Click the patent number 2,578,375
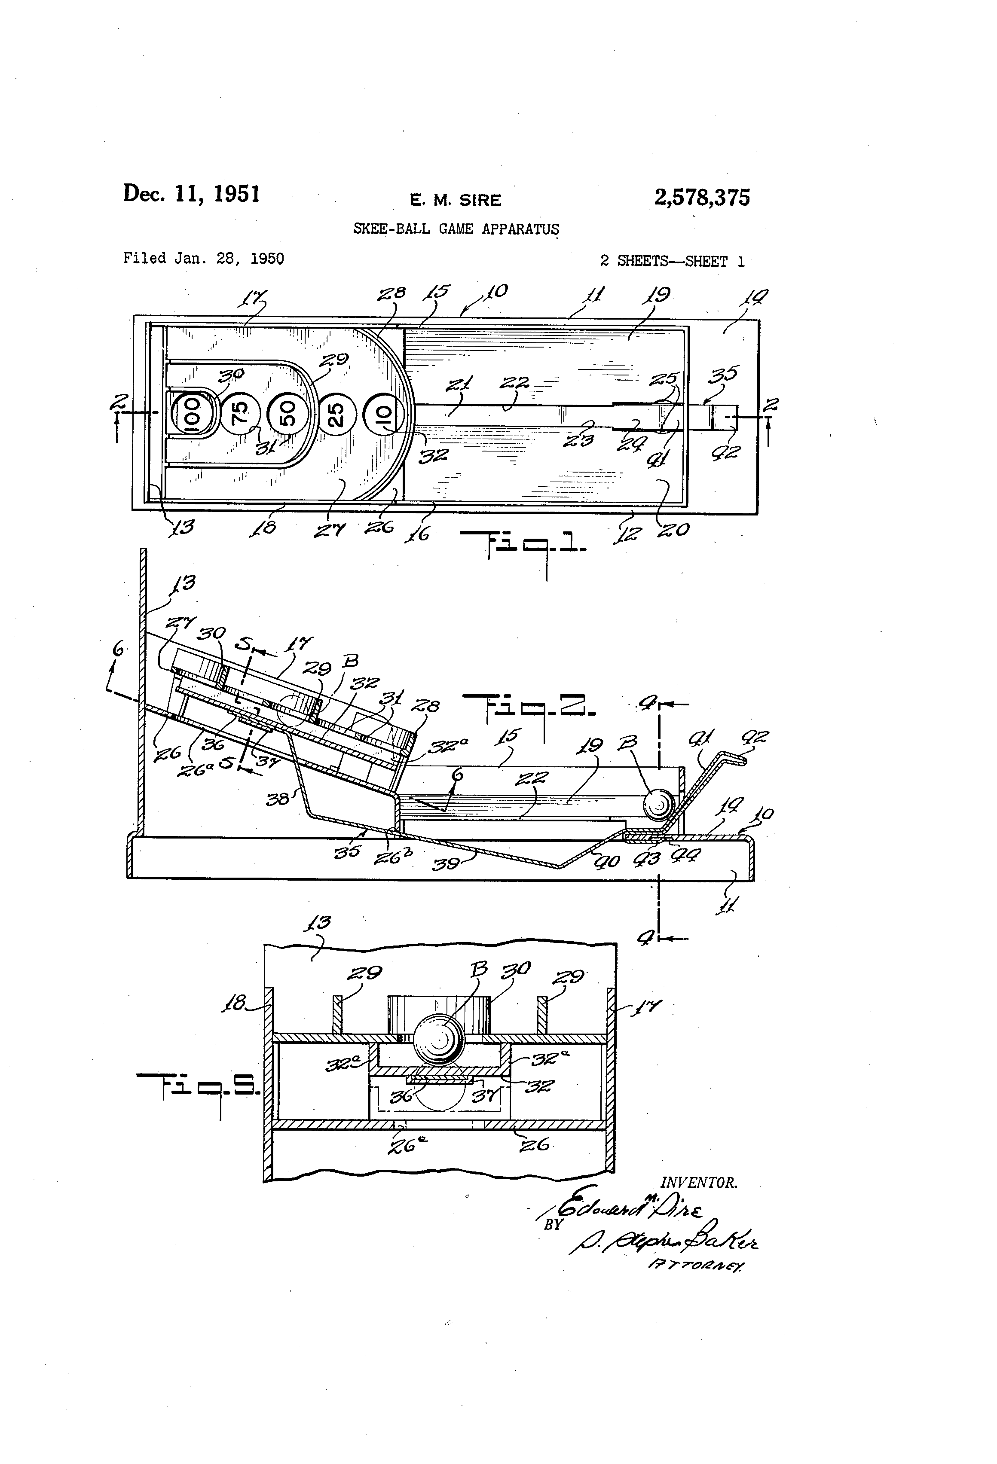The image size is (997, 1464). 702,198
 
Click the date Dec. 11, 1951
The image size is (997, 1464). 192,193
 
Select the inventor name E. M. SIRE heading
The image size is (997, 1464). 455,200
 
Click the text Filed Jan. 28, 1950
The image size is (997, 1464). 204,258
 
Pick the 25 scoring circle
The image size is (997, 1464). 336,414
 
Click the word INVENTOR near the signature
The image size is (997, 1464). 699,1183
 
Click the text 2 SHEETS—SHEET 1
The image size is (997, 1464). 672,262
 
